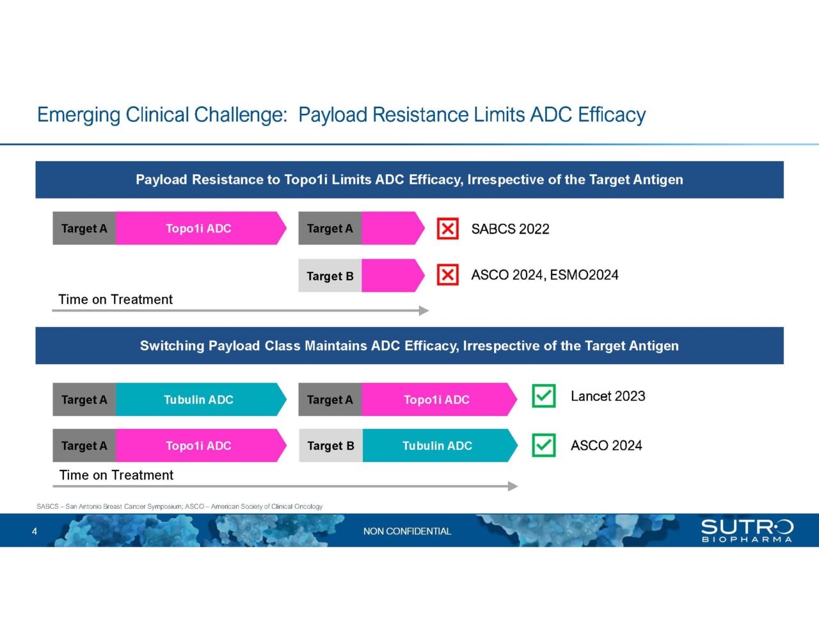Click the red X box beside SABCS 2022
[x=447, y=228]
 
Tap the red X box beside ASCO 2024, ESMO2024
[x=447, y=275]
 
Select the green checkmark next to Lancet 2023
[x=543, y=396]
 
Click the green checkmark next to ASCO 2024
[x=543, y=445]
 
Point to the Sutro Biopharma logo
[x=747, y=531]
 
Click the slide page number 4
[x=35, y=531]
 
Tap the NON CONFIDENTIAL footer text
[x=407, y=531]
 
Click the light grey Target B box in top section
[x=330, y=276]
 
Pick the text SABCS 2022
[x=510, y=229]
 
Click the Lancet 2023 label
[x=608, y=396]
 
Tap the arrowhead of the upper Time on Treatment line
[x=424, y=310]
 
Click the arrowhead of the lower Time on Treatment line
[x=513, y=486]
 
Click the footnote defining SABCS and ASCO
[x=180, y=506]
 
